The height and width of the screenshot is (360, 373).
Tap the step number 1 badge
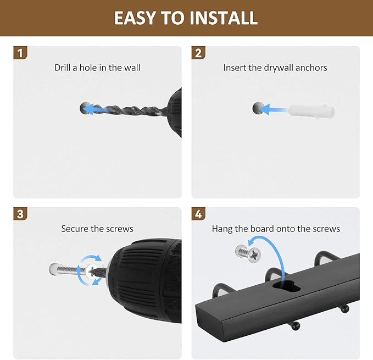pos(20,53)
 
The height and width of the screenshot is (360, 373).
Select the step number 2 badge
pos(198,53)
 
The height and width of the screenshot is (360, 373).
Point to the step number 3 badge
pos(20,214)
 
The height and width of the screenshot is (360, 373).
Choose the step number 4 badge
pos(198,214)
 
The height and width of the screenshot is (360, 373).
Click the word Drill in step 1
pos(62,68)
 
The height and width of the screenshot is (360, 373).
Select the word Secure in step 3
pos(75,229)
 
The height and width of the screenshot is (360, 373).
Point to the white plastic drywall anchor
pos(312,110)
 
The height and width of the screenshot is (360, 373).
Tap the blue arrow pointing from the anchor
pos(274,110)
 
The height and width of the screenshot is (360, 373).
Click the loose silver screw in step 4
pos(248,254)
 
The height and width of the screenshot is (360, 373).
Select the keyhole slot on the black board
pos(286,285)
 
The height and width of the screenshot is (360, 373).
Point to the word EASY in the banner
pos(135,18)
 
